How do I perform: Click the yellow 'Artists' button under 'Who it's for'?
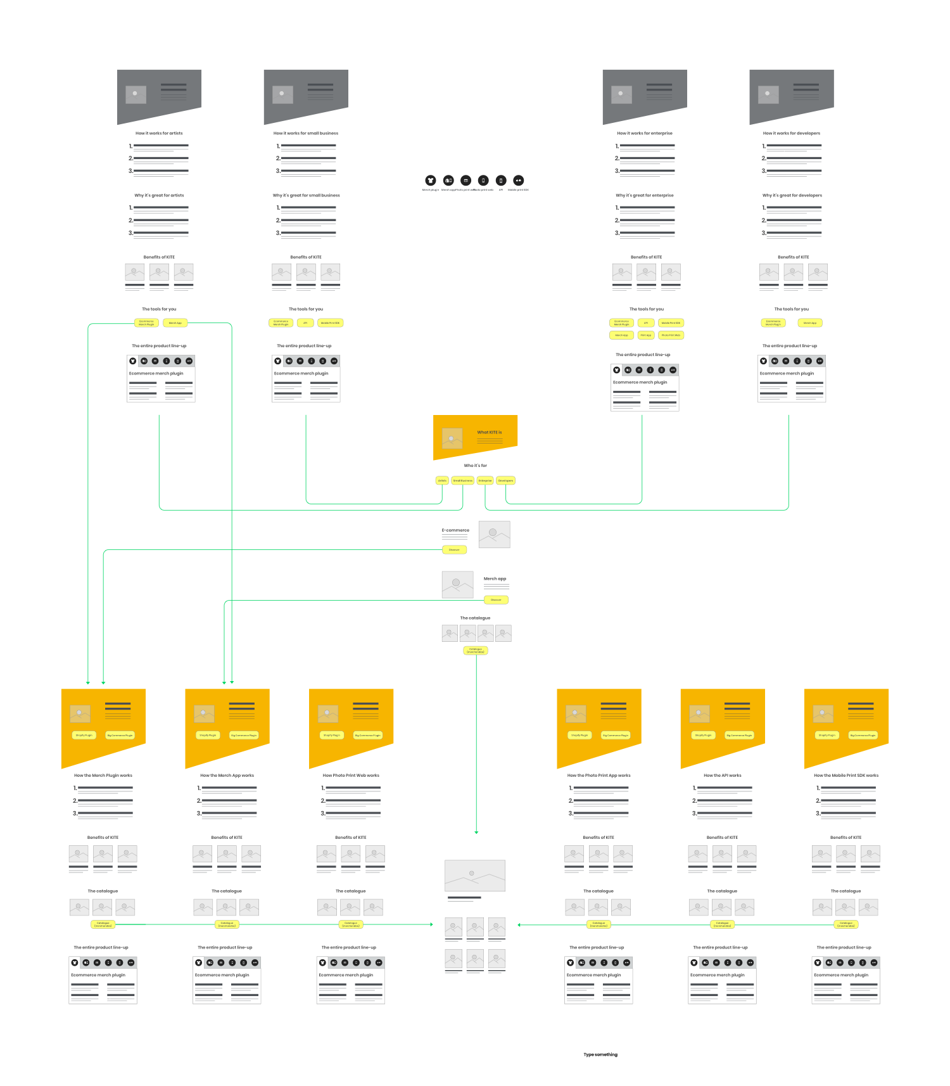tap(442, 480)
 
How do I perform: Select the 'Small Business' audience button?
tap(463, 480)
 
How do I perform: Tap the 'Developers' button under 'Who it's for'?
tap(505, 480)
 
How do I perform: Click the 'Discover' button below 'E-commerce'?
tap(454, 549)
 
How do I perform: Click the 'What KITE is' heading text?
tap(489, 432)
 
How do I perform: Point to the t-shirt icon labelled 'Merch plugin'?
tap(431, 181)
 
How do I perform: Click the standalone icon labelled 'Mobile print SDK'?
tap(518, 181)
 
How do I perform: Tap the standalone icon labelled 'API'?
tap(501, 181)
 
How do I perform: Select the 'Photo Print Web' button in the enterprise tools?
tap(671, 335)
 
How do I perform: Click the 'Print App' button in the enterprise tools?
tap(646, 335)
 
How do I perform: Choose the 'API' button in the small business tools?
tap(305, 323)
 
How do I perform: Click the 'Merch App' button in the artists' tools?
tap(175, 323)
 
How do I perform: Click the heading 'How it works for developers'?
tap(791, 133)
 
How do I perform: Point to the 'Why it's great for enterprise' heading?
tap(645, 195)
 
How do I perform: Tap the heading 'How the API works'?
tap(722, 775)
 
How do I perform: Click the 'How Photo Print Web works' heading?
tap(351, 775)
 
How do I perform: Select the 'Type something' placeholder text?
tap(600, 1054)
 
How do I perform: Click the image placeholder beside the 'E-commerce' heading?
tap(494, 534)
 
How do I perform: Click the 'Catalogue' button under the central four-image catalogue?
tap(476, 650)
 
